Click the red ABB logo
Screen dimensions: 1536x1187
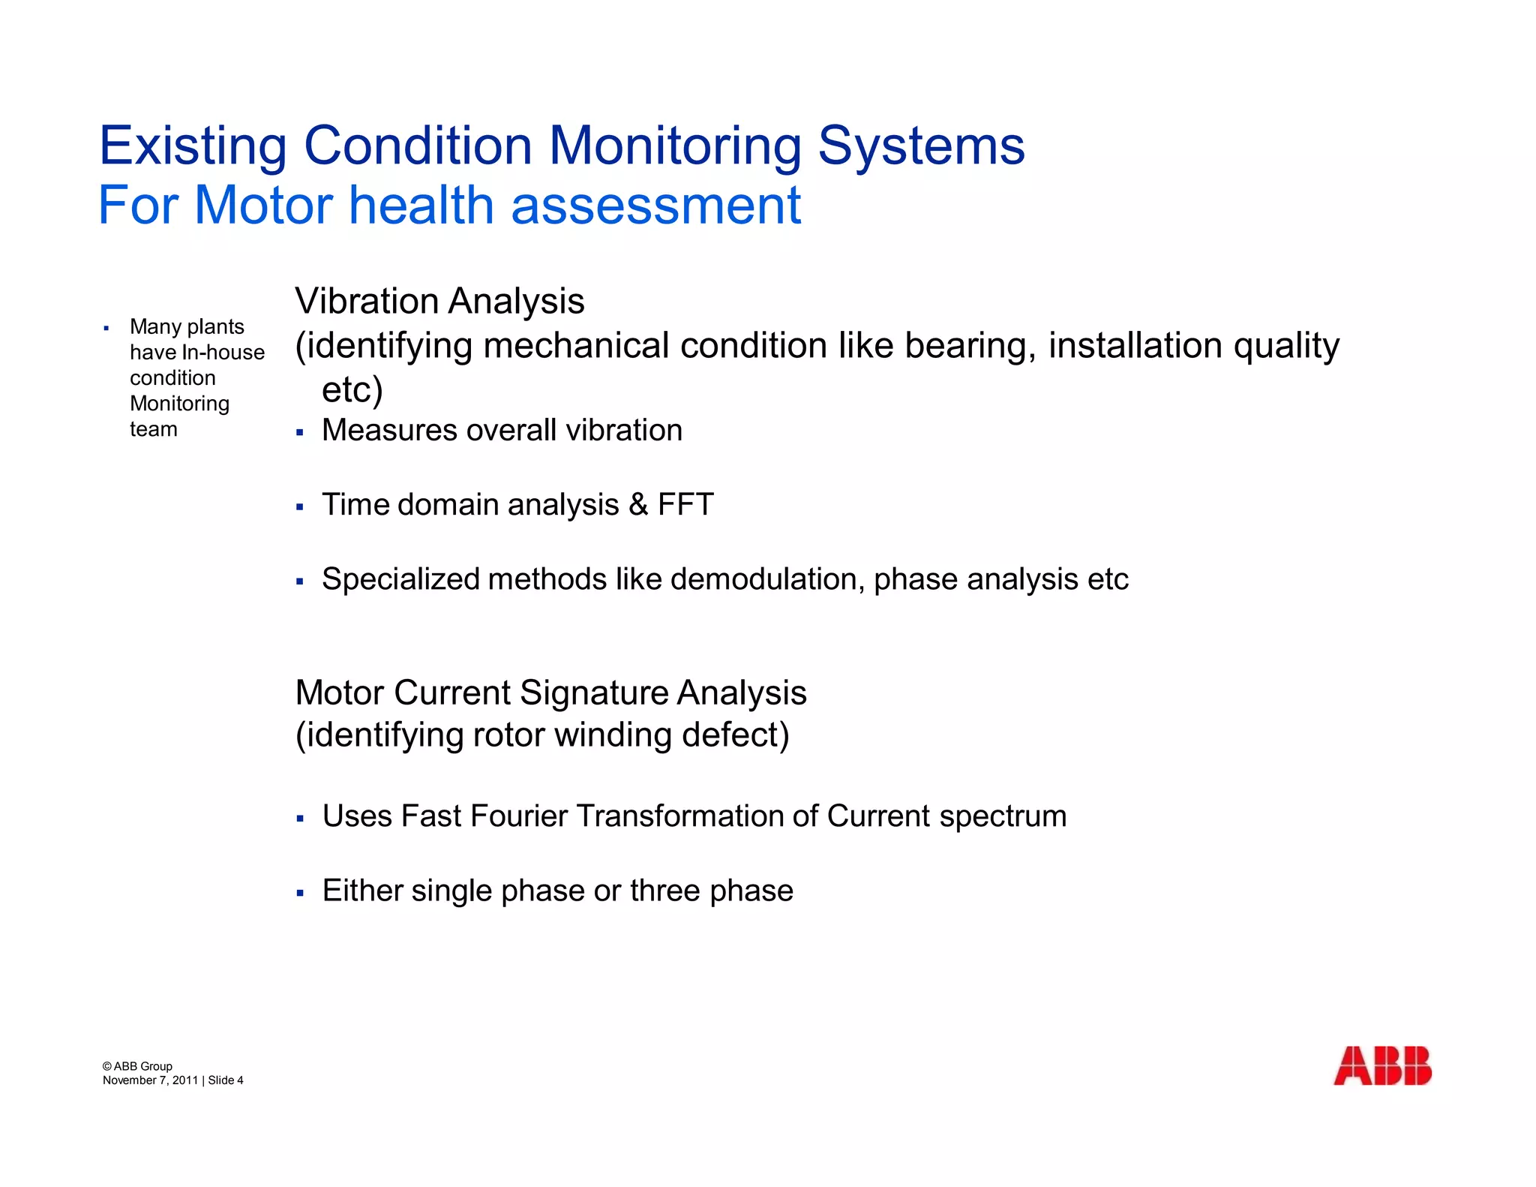coord(1382,1065)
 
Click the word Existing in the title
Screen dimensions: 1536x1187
coord(193,146)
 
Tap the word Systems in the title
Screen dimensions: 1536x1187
coord(921,146)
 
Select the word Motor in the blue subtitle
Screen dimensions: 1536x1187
coord(263,206)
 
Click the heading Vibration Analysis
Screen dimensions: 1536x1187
coord(439,302)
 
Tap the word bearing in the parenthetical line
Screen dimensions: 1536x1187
coord(970,347)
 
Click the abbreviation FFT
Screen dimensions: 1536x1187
coord(685,504)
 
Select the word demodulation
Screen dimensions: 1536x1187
coord(766,579)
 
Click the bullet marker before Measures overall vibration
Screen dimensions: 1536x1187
coord(300,432)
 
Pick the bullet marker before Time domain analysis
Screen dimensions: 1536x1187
coord(300,507)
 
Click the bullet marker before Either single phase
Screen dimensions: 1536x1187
coord(300,893)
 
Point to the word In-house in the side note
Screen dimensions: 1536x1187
coord(223,353)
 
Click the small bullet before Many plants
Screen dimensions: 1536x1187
coord(106,328)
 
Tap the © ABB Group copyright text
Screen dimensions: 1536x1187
coord(137,1066)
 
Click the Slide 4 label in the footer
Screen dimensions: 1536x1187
coord(226,1080)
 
